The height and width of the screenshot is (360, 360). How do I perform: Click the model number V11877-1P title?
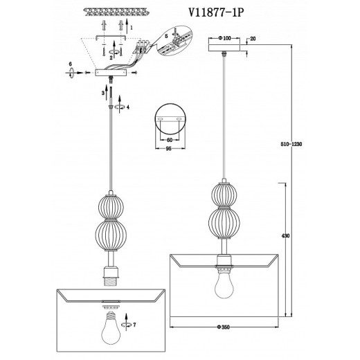[216, 12]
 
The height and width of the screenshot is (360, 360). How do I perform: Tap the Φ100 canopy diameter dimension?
[224, 38]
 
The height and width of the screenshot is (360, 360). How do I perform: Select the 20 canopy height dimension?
[253, 39]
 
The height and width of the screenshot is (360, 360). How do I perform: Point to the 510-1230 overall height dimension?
[291, 144]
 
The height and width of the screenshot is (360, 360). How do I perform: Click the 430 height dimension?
[285, 236]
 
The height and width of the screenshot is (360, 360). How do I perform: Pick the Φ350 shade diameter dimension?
[223, 327]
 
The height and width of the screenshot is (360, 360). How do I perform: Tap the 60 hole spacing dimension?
[170, 140]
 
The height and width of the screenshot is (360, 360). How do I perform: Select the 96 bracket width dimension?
[169, 149]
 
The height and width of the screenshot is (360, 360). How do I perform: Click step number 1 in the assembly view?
[132, 28]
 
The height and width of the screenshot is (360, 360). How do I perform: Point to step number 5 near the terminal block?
[166, 36]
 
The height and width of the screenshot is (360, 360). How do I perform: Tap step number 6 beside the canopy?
[71, 64]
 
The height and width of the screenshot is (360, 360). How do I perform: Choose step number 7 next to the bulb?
[134, 325]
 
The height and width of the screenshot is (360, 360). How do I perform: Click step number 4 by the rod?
[128, 107]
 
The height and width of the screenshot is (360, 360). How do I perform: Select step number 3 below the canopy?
[103, 93]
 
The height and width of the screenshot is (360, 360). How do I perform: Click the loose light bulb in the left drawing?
[111, 328]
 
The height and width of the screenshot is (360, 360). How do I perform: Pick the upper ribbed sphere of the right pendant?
[224, 195]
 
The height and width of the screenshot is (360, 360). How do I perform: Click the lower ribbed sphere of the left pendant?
[111, 235]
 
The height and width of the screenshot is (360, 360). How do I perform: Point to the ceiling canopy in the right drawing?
[224, 47]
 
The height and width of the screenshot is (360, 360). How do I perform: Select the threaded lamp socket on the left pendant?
[111, 276]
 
